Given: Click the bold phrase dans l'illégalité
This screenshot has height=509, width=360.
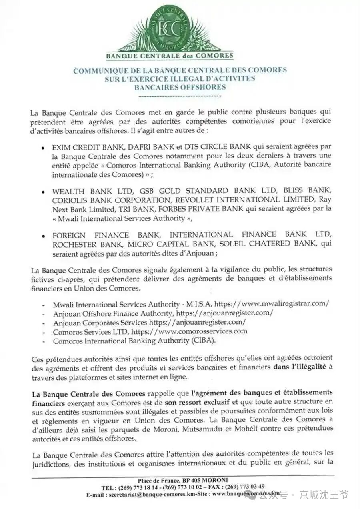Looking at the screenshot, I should pyautogui.click(x=300, y=367).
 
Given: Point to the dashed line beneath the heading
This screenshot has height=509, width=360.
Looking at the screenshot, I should pyautogui.click(x=180, y=96).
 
